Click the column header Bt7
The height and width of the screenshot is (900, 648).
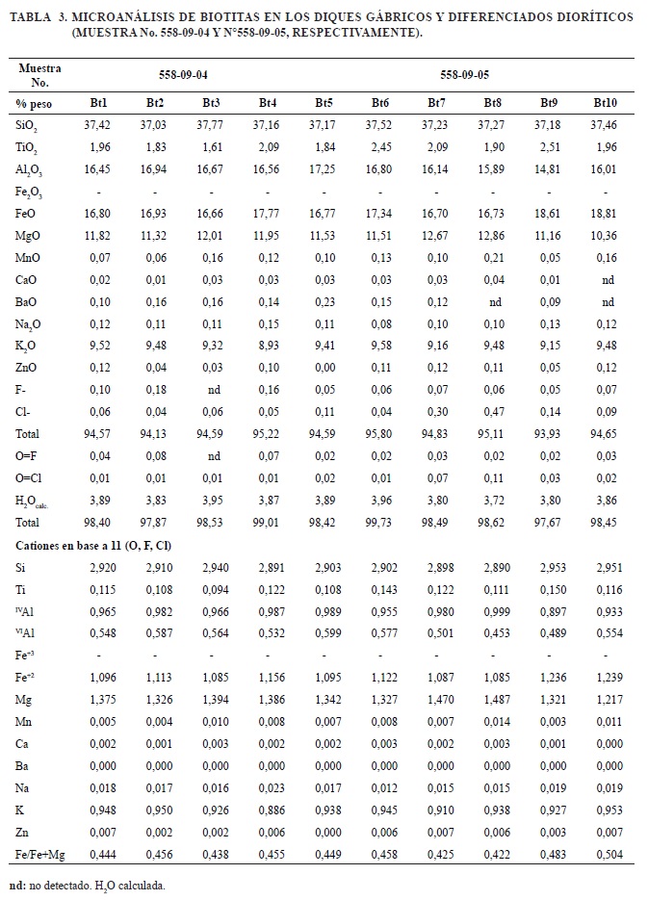436,102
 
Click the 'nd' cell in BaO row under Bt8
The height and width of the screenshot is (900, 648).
493,301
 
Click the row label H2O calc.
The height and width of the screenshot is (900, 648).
34,501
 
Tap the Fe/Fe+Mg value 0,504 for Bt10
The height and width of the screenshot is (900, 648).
605,853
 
